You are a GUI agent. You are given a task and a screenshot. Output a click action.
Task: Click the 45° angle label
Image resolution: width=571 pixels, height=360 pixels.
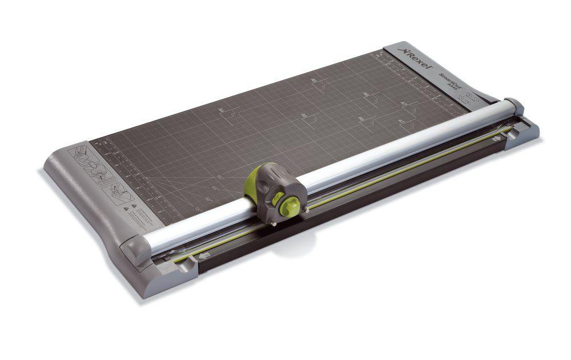point(215,188)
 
